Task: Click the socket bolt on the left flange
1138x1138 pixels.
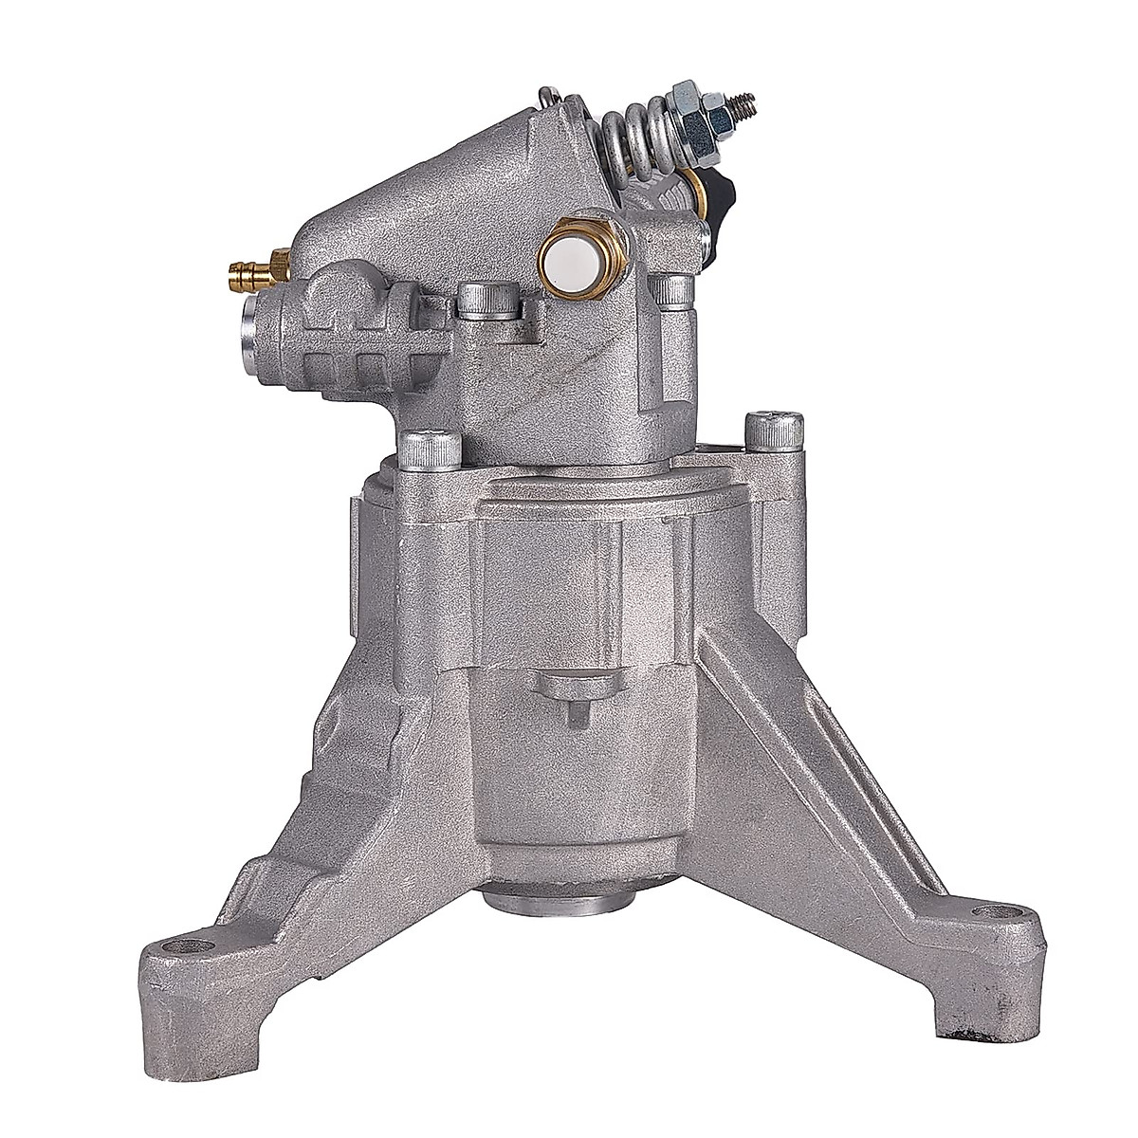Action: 417,450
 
